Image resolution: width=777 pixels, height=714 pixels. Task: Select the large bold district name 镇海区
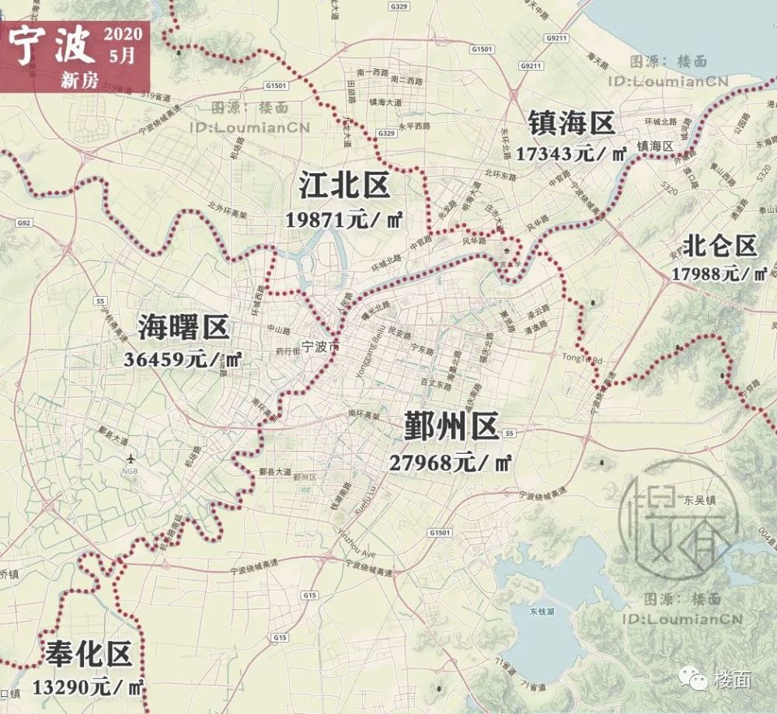click(571, 122)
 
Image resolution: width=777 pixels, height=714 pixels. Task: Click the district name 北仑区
click(720, 246)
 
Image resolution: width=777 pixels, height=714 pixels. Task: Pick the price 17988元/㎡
click(720, 273)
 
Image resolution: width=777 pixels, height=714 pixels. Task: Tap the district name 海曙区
click(184, 328)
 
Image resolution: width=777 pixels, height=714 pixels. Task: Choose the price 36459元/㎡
click(183, 360)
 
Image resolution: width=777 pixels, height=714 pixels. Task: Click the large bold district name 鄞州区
click(451, 427)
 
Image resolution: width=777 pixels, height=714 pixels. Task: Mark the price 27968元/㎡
click(451, 463)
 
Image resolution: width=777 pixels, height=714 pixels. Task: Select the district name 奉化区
click(88, 656)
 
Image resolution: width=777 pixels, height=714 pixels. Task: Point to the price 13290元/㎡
click(89, 687)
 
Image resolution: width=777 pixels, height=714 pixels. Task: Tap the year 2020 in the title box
click(121, 33)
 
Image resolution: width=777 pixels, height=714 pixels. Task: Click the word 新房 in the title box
click(78, 79)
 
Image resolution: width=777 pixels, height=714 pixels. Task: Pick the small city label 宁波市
click(319, 347)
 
